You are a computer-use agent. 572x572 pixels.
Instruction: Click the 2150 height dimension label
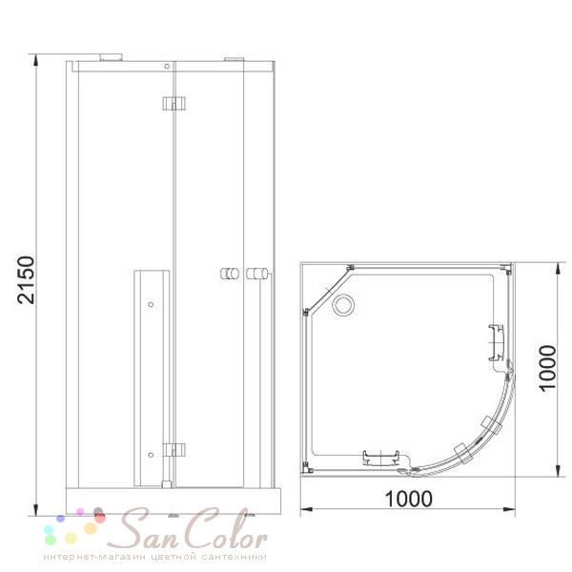27,280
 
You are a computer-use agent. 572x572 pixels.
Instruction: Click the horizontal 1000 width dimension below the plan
409,499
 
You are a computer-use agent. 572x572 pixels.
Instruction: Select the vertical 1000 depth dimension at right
547,368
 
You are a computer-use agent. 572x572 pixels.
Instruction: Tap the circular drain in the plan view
343,305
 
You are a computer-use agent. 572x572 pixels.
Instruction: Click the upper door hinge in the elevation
174,104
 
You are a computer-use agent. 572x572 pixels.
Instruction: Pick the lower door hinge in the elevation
174,450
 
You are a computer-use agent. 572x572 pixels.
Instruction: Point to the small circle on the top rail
167,66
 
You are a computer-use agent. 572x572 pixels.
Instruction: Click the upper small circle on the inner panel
151,304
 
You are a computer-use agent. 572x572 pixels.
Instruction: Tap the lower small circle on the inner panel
151,455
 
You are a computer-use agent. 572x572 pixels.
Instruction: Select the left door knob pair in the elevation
230,274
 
